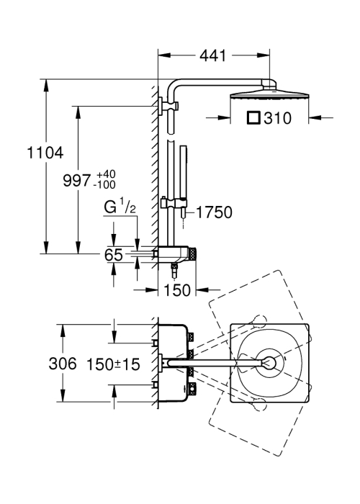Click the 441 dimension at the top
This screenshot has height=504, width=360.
[213, 55]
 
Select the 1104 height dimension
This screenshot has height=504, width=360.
[45, 153]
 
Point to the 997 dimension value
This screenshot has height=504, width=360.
[77, 180]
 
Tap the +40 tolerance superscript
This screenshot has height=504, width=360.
[106, 174]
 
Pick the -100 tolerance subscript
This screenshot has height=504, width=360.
[104, 185]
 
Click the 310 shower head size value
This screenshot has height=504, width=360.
[277, 118]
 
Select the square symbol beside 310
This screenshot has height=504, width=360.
[253, 117]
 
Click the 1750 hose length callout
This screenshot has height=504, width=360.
[214, 212]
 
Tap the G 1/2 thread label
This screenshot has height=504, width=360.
[120, 207]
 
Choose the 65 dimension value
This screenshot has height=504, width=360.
[114, 255]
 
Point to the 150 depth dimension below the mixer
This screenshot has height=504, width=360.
[177, 290]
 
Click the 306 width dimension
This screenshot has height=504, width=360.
[63, 364]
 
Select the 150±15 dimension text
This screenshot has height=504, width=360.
[114, 364]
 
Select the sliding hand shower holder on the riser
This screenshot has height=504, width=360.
[173, 203]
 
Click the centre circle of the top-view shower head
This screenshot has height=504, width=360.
[269, 363]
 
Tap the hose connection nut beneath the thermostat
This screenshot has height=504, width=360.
[174, 270]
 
